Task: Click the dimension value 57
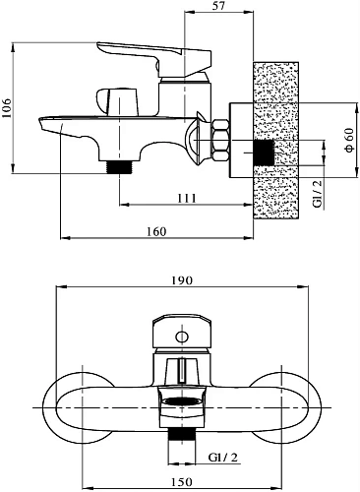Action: [x=218, y=6]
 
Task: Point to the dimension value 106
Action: [x=7, y=107]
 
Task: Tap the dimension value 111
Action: [x=187, y=199]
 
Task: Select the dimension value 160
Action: [x=156, y=231]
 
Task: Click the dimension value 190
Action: [x=182, y=280]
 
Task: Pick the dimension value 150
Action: [x=182, y=482]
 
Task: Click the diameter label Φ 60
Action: [x=349, y=140]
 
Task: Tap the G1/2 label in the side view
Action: [x=318, y=194]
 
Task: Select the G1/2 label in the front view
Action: [x=222, y=458]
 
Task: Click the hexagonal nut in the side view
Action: [x=220, y=140]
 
